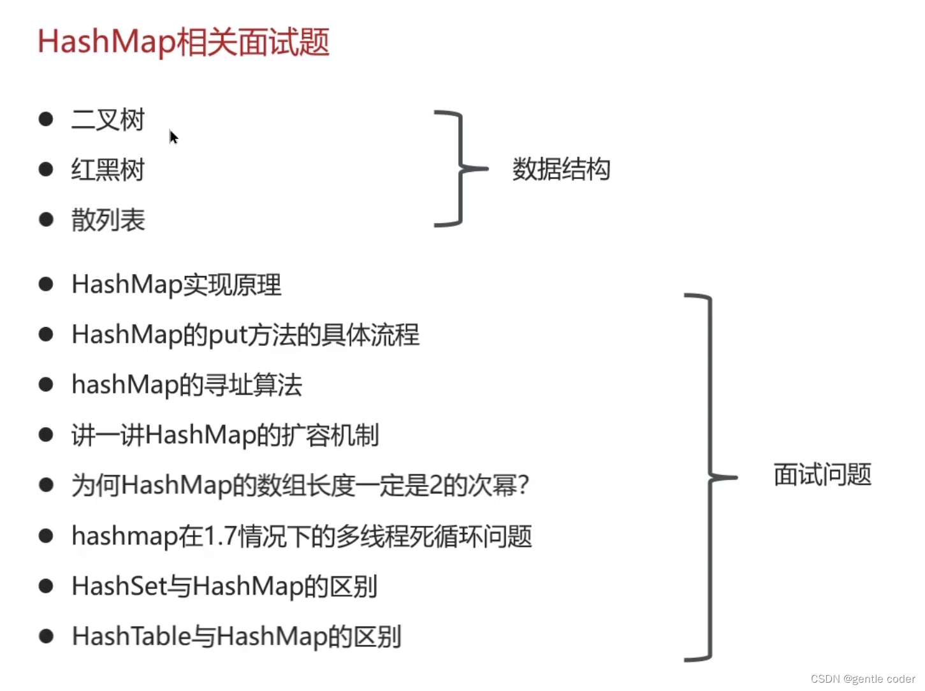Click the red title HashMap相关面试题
tap(183, 42)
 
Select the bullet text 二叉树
tap(108, 120)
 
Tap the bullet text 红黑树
tap(108, 170)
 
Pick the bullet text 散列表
tap(108, 221)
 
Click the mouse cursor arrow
tap(173, 136)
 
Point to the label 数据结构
tap(561, 170)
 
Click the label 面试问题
tap(822, 475)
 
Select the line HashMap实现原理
tap(176, 285)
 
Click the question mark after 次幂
tap(523, 486)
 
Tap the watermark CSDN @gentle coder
tap(863, 679)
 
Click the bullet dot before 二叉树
tap(46, 119)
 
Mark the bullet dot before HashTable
tap(46, 636)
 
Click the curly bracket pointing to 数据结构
tap(460, 169)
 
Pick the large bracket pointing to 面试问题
tap(709, 477)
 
